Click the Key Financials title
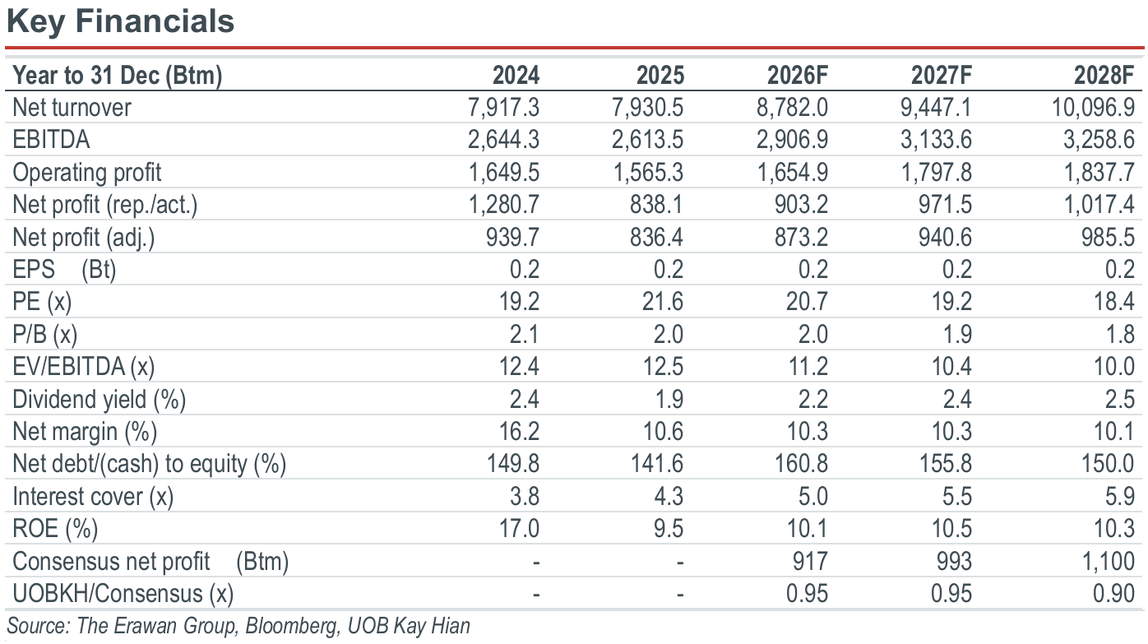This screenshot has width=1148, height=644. pos(120,21)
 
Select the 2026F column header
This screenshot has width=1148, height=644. pos(797,76)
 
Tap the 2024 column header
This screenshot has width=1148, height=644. pos(516,76)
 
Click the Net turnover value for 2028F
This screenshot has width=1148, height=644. pos(1093,108)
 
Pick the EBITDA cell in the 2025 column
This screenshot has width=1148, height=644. pos(647,140)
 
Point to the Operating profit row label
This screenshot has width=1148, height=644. pos(86,173)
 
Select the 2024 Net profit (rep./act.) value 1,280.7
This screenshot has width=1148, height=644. pos(504,205)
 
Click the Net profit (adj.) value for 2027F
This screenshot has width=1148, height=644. pos(945,238)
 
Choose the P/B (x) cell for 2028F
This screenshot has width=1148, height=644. pos(1120,334)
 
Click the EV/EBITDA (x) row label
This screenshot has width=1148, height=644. pos(84,367)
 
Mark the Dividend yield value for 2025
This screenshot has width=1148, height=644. pos(669,400)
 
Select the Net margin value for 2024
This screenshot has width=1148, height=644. pos(519,432)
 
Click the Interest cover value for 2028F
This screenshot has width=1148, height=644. pos(1120,497)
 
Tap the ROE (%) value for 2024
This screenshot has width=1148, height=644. pos(519,529)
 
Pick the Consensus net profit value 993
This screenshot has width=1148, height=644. pos(954,562)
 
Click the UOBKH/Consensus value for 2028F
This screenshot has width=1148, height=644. pos(1113,594)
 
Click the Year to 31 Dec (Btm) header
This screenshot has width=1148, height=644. pos(118,76)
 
